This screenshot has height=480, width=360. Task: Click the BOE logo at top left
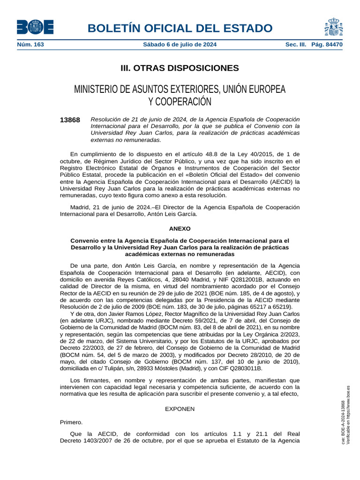[35, 27]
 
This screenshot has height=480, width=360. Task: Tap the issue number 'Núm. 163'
[30, 45]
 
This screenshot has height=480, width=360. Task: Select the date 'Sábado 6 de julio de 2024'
[180, 45]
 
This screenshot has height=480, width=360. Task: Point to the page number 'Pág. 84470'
[327, 45]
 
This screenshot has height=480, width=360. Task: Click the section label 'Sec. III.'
[295, 45]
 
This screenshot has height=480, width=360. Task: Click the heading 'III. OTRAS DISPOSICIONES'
[180, 68]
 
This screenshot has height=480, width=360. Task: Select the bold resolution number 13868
[70, 120]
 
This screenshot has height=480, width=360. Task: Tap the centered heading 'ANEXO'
[180, 229]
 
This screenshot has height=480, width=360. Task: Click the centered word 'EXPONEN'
[180, 409]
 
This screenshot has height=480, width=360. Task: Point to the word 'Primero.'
[71, 422]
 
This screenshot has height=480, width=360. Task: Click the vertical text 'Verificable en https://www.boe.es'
[348, 415]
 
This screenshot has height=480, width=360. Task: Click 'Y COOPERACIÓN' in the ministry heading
[180, 101]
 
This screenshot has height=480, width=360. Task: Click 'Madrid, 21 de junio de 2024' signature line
[112, 207]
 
